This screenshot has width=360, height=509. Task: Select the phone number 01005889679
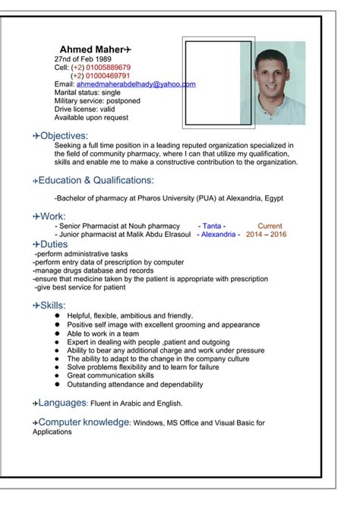106,67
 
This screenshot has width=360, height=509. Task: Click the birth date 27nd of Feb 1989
83,58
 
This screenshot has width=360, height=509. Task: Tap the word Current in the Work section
270,226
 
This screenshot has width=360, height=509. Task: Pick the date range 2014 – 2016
266,235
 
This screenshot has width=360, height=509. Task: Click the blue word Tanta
212,226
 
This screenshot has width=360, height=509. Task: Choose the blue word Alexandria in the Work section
219,235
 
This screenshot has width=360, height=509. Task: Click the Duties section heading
54,244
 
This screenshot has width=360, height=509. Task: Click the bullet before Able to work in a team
57,334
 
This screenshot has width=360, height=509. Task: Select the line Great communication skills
110,375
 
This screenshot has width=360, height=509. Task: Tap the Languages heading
63,403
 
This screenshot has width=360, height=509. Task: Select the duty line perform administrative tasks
82,254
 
